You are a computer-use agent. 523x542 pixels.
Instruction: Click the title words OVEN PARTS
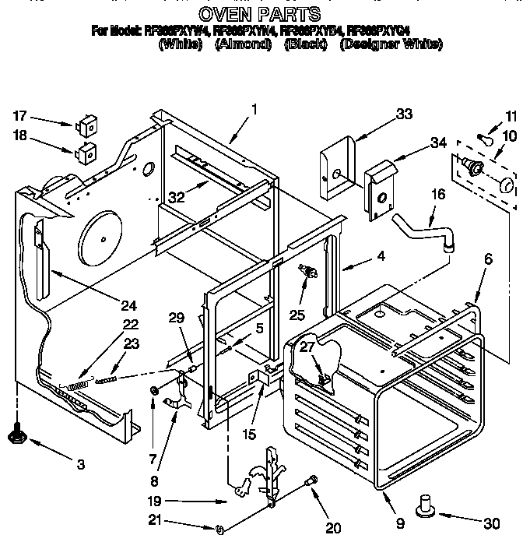pos(259,13)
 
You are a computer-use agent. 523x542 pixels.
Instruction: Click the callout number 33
pos(404,114)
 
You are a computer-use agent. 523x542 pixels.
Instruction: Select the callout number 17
pos(20,116)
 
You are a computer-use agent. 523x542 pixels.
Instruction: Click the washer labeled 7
pos(155,390)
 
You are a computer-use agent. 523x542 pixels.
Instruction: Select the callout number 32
pos(177,198)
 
